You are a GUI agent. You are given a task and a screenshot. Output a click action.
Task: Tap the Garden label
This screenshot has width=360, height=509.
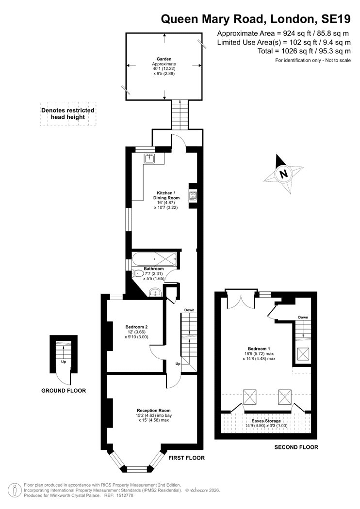(x=164, y=59)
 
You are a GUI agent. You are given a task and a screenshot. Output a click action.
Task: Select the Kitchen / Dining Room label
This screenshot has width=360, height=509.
(x=166, y=195)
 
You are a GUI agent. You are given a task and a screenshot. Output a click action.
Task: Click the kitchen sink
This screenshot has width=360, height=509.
(x=150, y=159)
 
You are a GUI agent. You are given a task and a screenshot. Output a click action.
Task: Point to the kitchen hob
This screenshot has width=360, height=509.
(x=194, y=195)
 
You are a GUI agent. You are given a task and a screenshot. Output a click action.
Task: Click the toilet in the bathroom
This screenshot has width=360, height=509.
(x=138, y=274)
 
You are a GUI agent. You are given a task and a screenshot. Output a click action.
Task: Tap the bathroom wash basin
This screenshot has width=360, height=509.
(x=155, y=293)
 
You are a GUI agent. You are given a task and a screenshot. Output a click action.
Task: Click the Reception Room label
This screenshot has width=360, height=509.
(x=154, y=410)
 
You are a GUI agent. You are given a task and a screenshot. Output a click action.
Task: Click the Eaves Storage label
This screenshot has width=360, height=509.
(x=266, y=421)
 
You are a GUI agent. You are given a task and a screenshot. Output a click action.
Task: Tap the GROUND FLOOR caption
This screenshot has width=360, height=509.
(x=64, y=391)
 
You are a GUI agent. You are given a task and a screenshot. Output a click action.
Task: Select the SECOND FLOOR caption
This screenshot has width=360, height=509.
(x=296, y=447)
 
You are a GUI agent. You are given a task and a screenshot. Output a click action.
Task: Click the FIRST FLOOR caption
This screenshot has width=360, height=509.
(x=186, y=458)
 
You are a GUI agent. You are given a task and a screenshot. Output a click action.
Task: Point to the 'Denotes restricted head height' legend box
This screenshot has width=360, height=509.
(x=68, y=113)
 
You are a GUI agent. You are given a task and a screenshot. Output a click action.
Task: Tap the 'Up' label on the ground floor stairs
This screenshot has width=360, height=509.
(x=64, y=362)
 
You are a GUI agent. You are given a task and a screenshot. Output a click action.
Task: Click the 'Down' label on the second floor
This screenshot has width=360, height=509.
(x=303, y=317)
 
